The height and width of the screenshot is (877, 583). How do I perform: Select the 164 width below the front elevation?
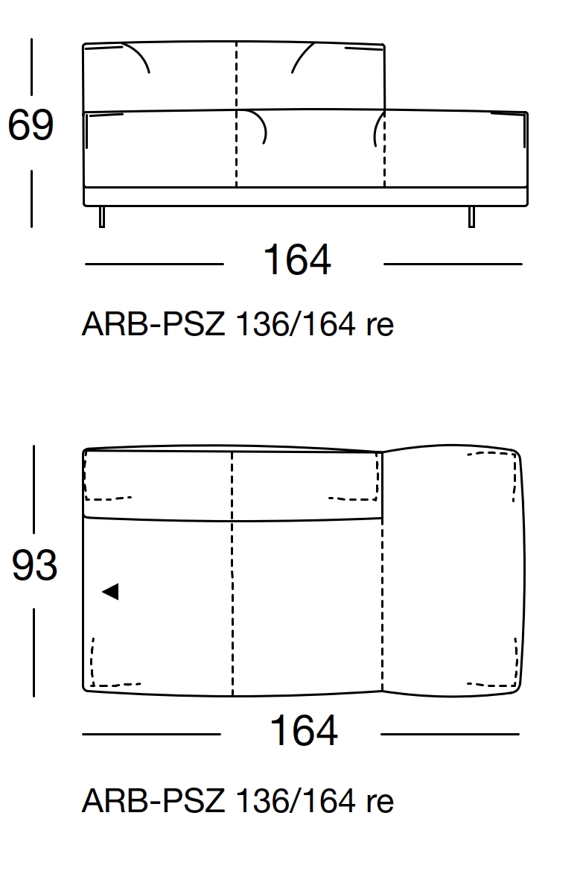(296, 261)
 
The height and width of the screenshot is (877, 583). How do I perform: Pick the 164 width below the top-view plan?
(303, 731)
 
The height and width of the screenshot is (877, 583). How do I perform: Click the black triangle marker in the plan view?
(110, 592)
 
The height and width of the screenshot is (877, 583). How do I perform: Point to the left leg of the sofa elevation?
(102, 216)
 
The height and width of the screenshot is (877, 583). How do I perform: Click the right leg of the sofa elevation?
(471, 216)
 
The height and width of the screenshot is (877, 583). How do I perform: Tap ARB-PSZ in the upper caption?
(153, 325)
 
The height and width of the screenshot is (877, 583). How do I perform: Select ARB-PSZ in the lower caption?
(153, 802)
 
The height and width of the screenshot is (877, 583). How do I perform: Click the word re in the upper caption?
(379, 325)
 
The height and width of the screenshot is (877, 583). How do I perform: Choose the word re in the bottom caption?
(379, 802)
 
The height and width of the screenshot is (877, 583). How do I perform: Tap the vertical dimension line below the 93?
(34, 652)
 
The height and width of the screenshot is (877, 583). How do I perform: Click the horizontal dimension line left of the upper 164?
(154, 264)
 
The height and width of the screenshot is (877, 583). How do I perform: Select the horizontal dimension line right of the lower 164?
(450, 734)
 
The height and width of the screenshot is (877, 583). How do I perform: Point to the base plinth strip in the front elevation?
(305, 196)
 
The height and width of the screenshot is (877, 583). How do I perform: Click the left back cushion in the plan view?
(158, 484)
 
